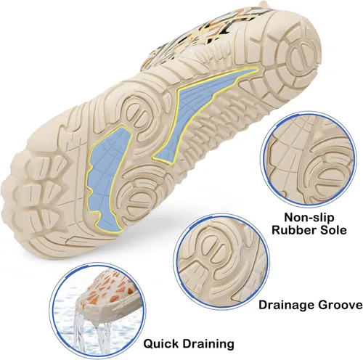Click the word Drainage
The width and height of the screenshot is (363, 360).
pos(287,305)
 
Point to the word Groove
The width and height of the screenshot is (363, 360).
pos(340,305)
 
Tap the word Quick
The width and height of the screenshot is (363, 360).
pos(161,343)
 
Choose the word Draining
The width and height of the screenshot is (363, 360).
pos(208,344)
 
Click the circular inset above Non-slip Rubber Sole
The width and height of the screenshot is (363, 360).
pos(309,160)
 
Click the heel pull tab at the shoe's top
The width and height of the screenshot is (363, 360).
pos(264,4)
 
